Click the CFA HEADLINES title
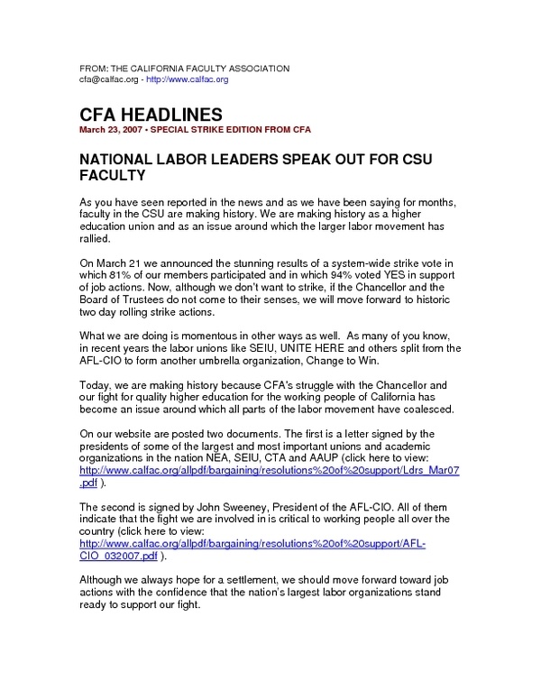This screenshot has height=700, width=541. coord(151,115)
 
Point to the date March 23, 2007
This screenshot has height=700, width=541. coord(111,130)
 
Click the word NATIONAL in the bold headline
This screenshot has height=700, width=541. coord(115,158)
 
